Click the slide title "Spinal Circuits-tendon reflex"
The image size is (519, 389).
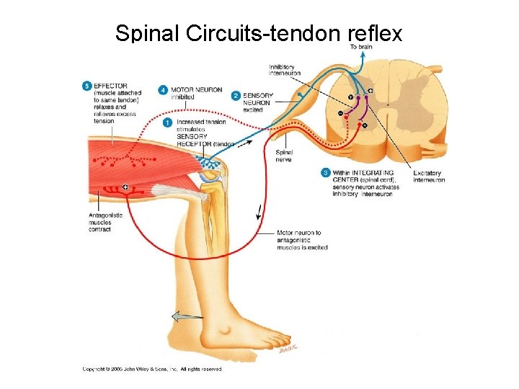coord(259,32)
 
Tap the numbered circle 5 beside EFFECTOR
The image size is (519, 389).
coord(88,86)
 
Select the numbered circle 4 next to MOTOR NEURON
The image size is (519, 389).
coord(164,90)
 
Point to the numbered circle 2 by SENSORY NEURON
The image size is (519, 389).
coord(236,95)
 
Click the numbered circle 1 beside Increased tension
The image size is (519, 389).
coord(168,122)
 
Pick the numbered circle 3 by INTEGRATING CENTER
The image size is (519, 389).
coord(326,173)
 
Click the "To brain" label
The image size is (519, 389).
coord(361,47)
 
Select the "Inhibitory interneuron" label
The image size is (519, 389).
coord(285,70)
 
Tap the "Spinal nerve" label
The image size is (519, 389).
coord(284,156)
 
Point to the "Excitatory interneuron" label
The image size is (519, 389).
coord(429,176)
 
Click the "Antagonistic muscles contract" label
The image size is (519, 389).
coord(105,223)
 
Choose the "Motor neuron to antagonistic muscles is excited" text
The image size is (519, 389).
coord(302,241)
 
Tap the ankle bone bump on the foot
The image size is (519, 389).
coord(230,331)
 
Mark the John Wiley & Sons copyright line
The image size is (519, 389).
coord(152,369)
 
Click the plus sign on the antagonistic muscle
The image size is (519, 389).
coord(126,187)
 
